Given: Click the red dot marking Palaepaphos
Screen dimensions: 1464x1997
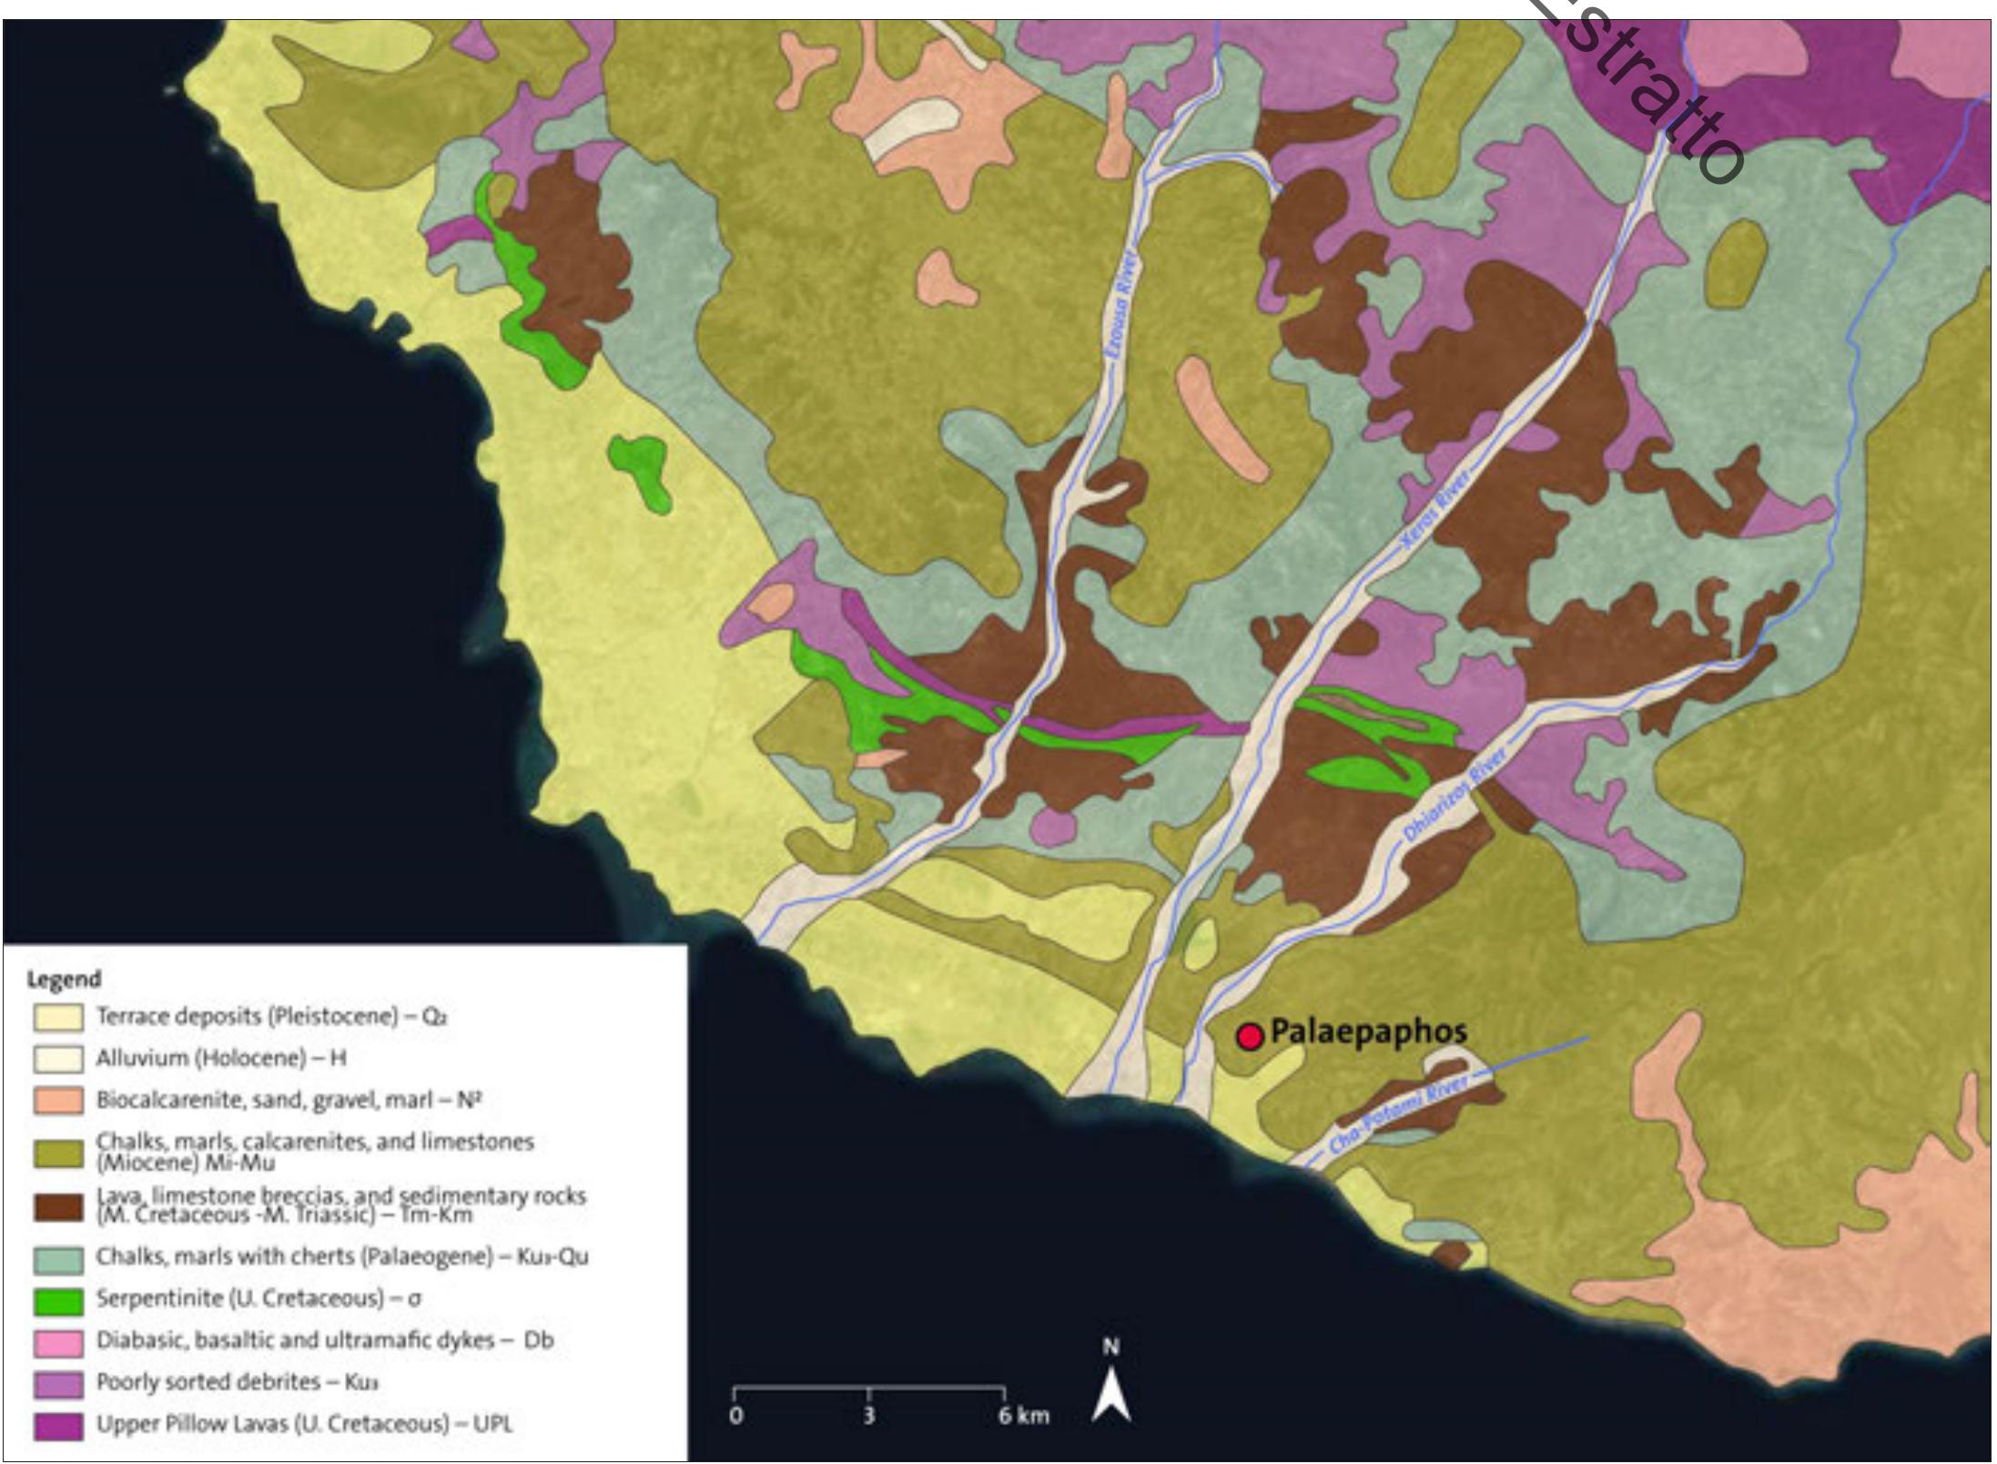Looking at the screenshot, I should click(x=1250, y=1036).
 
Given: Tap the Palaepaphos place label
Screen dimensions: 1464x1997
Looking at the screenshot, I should click(x=1368, y=1032).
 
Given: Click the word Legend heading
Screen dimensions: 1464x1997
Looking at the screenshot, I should click(x=63, y=980).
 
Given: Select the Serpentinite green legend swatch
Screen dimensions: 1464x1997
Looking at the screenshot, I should click(x=57, y=1300).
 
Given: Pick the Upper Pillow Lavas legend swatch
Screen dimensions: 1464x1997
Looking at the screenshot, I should click(x=57, y=1426).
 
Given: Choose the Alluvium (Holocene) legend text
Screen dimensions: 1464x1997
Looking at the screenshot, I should click(x=221, y=1059).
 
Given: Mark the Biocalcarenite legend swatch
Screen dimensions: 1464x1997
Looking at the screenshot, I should click(x=57, y=1101).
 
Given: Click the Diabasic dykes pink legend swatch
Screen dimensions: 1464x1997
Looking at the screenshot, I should click(x=57, y=1342).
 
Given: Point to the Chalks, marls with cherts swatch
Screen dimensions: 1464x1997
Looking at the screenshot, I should click(x=57, y=1258).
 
